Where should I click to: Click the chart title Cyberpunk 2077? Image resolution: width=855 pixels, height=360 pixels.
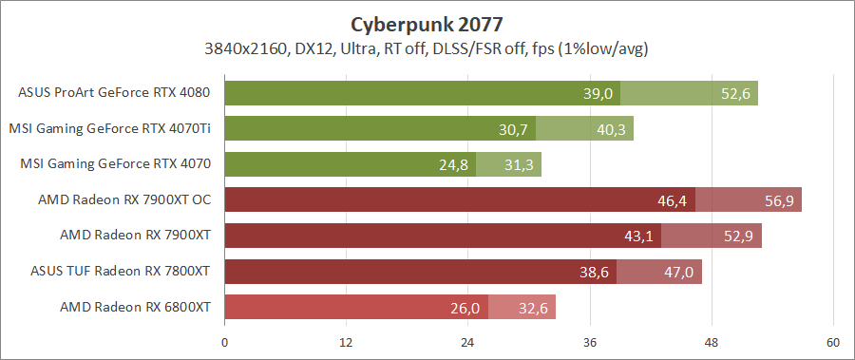[427, 23]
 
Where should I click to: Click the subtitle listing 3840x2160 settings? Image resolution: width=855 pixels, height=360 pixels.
[427, 47]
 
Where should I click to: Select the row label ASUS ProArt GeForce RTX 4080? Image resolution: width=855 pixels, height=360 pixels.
[114, 93]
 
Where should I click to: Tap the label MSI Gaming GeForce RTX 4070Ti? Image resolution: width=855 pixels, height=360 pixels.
[109, 128]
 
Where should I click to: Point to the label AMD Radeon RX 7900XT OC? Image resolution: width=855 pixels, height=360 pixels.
[123, 199]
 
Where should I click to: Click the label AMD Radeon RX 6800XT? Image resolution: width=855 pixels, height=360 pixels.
[134, 307]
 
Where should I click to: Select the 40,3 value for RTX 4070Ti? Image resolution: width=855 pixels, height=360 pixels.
[612, 129]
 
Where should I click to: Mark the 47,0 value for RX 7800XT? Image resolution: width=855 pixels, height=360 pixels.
[679, 272]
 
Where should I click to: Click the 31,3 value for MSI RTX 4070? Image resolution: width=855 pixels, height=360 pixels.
[520, 164]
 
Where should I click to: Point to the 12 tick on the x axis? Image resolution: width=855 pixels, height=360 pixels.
[347, 342]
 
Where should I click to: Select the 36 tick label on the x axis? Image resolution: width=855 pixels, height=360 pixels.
[590, 342]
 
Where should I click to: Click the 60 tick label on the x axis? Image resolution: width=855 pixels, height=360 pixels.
[833, 342]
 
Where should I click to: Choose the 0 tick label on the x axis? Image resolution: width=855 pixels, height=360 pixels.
[225, 342]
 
